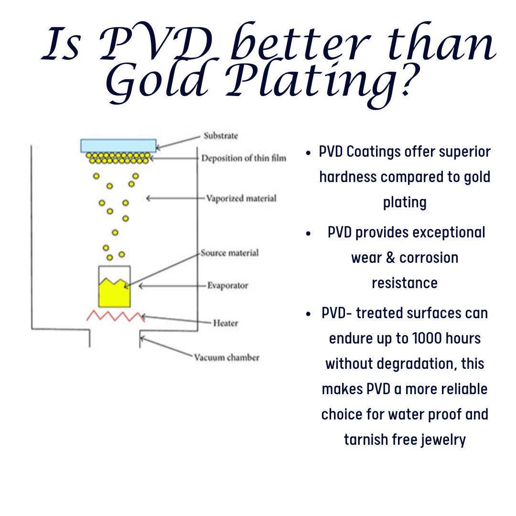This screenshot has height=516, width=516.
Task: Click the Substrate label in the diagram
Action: point(220,136)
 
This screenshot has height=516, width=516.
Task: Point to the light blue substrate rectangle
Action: point(118,145)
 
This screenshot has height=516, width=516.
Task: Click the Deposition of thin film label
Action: point(244,158)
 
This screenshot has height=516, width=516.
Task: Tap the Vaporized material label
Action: point(241,198)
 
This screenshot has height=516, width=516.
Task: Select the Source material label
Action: point(230,253)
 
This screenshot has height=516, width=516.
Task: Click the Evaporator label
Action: point(228,285)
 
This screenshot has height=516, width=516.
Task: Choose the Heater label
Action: point(226,323)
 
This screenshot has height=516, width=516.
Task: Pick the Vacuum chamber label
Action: point(226,357)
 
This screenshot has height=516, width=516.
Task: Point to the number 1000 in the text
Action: point(426,338)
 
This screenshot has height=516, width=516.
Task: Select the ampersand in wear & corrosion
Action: point(390,258)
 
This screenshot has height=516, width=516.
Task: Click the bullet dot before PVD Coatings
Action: point(308,153)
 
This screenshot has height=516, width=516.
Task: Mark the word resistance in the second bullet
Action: point(405,283)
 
